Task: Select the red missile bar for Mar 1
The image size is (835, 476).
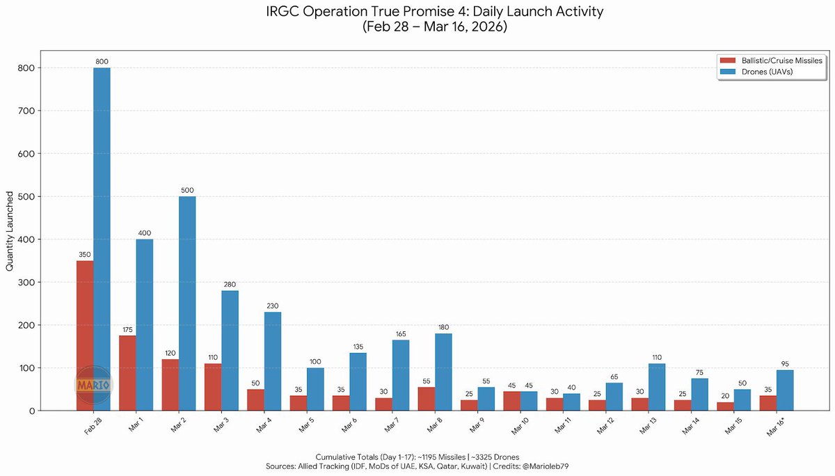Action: [x=127, y=373]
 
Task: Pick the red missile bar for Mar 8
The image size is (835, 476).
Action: [x=427, y=399]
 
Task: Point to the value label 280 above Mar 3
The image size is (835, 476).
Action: [x=230, y=284]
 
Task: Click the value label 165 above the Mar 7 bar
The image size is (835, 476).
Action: [x=401, y=333]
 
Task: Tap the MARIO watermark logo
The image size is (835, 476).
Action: [x=93, y=383]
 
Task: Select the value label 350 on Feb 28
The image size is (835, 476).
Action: [x=85, y=255]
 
